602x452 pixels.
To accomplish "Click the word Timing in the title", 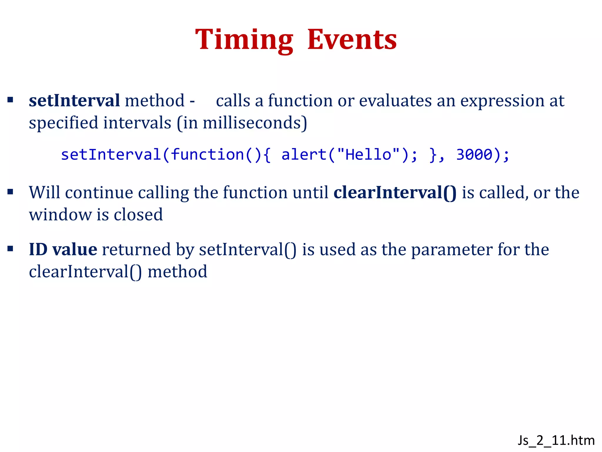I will [x=244, y=40].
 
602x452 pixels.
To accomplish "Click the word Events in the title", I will [x=352, y=40].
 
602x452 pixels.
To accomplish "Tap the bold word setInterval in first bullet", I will [x=74, y=101].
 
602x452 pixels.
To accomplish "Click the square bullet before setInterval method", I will [x=11, y=100].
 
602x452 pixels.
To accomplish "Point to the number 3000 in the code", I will [x=474, y=154].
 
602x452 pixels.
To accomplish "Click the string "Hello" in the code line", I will [x=368, y=154].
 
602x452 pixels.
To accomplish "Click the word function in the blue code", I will [x=207, y=154].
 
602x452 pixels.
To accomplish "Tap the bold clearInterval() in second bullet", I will [x=395, y=193].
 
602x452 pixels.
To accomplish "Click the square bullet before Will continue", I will [x=11, y=192].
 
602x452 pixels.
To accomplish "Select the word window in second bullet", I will [x=60, y=215].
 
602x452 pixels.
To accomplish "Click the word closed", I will [x=138, y=215].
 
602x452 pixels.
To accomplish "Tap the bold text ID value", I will [x=63, y=250].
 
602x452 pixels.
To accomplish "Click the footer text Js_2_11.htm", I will [x=556, y=441].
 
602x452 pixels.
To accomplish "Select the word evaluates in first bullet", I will [x=395, y=101].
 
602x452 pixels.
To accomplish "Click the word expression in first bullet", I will [x=502, y=101].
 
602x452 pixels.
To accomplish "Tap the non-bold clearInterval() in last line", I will [x=85, y=272].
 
